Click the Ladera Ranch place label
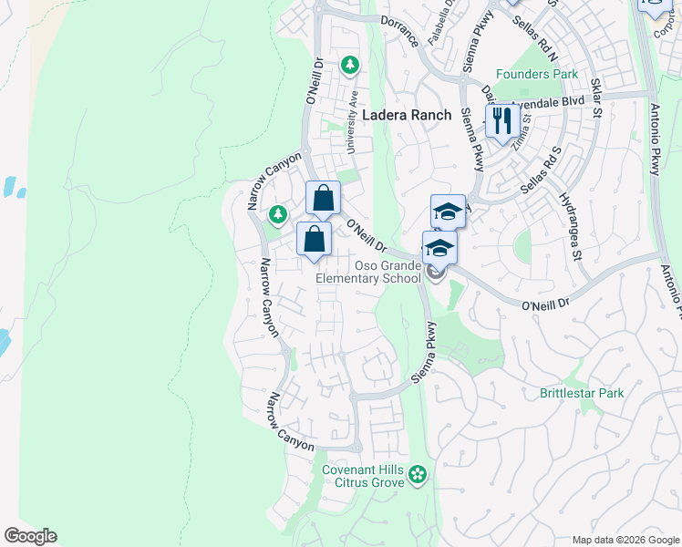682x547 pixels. pos(407,115)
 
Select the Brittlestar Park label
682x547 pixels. pos(582,393)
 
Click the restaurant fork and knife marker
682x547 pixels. pos(502,120)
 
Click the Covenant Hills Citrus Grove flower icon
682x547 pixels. pos(417,474)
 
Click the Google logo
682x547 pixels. pos(30,536)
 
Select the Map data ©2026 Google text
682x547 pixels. pos(625,540)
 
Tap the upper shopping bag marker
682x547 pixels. pos(323,197)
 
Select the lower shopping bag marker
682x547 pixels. pos(314,239)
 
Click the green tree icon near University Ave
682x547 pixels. pos(349,65)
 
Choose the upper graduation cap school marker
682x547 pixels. pos(448,212)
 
